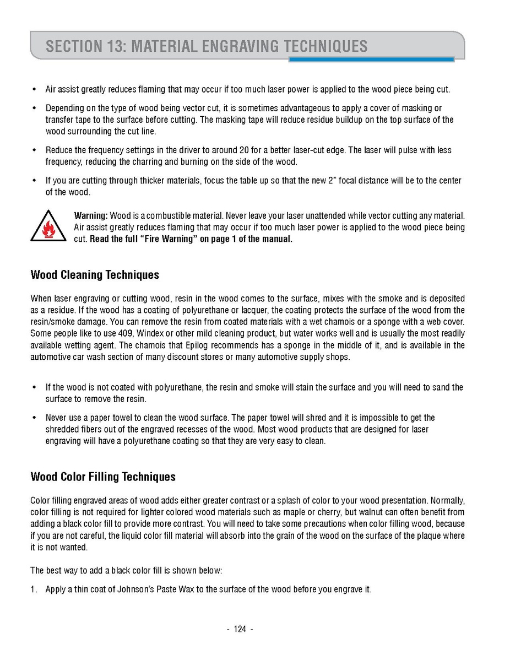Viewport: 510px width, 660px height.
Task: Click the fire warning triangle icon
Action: point(49,226)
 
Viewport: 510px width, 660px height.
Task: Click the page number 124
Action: point(240,629)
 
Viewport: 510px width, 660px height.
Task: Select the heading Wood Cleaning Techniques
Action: point(95,274)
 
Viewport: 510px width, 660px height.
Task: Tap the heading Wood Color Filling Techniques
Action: point(103,477)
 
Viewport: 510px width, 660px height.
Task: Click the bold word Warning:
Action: point(91,215)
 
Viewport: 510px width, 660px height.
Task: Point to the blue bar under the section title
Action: point(371,59)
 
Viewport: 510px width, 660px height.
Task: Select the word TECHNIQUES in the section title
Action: point(325,46)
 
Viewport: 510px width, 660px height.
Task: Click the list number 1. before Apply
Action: point(34,589)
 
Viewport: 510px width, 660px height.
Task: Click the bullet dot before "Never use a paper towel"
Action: point(34,418)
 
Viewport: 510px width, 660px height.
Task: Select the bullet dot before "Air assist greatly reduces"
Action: point(34,89)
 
